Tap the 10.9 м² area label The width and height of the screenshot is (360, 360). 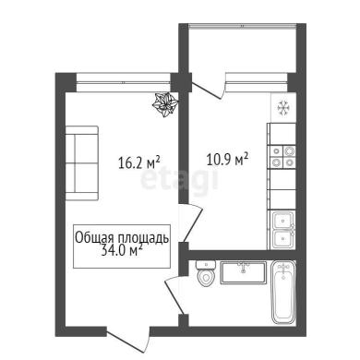(227, 160)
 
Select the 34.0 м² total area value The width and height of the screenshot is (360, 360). (121, 251)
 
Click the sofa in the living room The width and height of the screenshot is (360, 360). (82, 163)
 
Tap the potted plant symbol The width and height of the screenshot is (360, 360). (165, 104)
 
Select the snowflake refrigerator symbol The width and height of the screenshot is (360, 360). (282, 108)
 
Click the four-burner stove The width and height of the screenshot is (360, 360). (282, 157)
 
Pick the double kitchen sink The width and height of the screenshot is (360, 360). (283, 230)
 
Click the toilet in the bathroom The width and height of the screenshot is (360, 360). (206, 273)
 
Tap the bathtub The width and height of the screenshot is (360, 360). (283, 293)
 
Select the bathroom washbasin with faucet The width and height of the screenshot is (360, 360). (243, 272)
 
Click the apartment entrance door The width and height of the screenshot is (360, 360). (128, 340)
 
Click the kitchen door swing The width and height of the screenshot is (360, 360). (193, 223)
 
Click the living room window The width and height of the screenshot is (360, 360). (123, 82)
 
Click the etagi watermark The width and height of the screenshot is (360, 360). (180, 182)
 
